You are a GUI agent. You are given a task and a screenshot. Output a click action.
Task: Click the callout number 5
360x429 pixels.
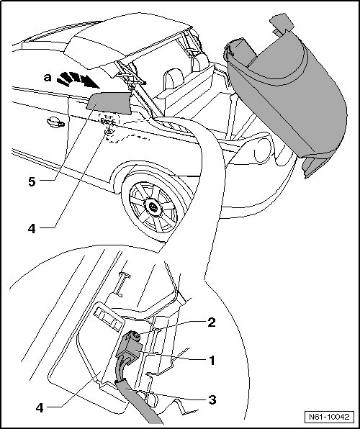pyautogui.click(x=32, y=181)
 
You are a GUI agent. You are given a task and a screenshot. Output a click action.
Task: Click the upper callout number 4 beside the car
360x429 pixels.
pyautogui.click(x=32, y=228)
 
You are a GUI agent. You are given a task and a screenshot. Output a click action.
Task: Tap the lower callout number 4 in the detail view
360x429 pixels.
pyautogui.click(x=40, y=408)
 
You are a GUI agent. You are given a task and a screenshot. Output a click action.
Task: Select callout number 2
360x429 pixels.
pyautogui.click(x=212, y=322)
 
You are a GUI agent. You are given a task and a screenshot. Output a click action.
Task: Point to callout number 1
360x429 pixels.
pyautogui.click(x=212, y=361)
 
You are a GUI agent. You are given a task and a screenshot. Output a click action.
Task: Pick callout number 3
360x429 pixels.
pyautogui.click(x=212, y=399)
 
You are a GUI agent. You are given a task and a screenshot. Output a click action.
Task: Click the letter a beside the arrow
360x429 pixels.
pyautogui.click(x=48, y=78)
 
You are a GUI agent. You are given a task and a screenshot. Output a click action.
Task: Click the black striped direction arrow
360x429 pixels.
pyautogui.click(x=78, y=80)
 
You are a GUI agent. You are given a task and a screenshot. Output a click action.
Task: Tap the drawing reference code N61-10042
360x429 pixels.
pyautogui.click(x=329, y=417)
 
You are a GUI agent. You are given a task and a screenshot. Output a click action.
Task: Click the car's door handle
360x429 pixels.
pyautogui.click(x=55, y=122)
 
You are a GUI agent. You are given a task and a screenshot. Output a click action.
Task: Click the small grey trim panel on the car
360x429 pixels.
pyautogui.click(x=109, y=102)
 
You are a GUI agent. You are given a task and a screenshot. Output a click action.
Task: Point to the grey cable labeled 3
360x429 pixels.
pyautogui.click(x=134, y=397)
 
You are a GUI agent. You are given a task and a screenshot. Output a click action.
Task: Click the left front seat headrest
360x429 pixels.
pyautogui.click(x=174, y=78)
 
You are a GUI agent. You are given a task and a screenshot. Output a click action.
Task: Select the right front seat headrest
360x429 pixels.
pyautogui.click(x=199, y=63)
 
